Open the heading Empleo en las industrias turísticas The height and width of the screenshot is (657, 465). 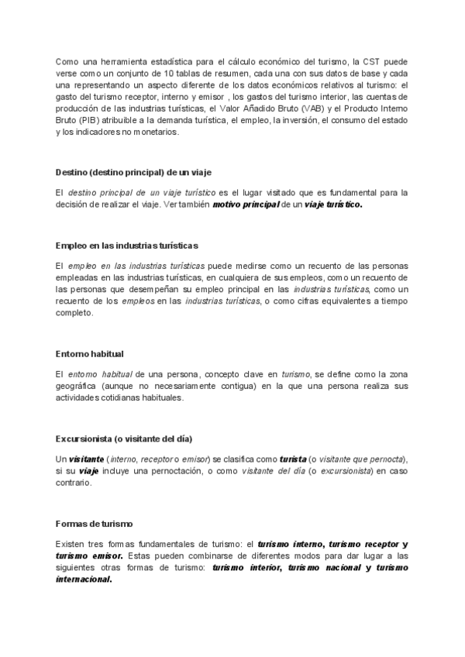point(127,246)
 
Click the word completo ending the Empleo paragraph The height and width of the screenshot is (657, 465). point(74,313)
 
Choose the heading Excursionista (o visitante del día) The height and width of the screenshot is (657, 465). point(124,438)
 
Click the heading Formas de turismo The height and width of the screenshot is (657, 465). point(94,523)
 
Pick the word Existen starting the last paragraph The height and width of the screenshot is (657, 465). point(73,544)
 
